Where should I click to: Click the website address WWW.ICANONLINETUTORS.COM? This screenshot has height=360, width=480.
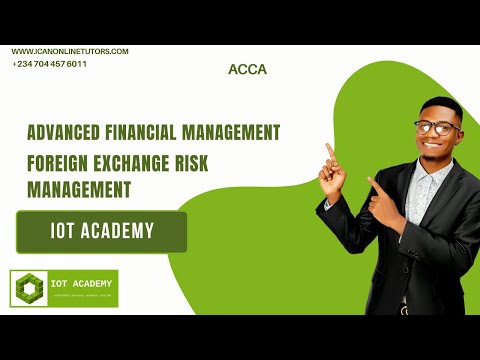pos(70,51)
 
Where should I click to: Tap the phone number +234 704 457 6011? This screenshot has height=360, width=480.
pos(50,64)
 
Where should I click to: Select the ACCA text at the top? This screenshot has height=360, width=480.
pos(246,70)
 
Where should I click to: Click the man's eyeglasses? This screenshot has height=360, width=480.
pos(436,127)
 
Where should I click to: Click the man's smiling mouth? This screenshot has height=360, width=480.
pos(440,148)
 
